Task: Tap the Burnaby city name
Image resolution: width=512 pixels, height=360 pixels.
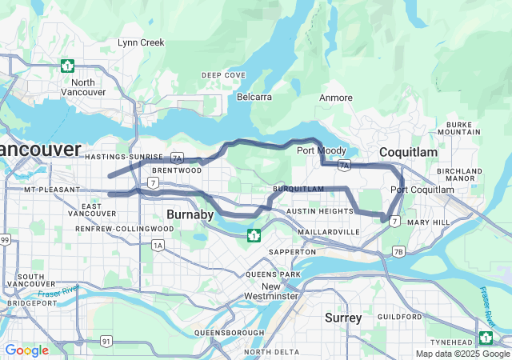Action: coord(190,214)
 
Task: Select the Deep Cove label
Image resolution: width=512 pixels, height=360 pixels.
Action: coord(223,75)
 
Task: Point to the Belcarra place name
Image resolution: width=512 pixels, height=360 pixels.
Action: coord(254,97)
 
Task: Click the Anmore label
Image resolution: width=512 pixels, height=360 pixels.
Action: coord(336,98)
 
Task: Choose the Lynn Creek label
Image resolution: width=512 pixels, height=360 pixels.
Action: coord(141,42)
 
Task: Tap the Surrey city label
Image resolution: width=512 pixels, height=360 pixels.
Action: coord(343,318)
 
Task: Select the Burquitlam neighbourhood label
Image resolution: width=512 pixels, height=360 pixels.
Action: coord(298,189)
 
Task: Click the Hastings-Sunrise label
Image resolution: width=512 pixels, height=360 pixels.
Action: coord(124,157)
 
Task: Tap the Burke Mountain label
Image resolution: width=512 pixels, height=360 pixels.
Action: coord(464,128)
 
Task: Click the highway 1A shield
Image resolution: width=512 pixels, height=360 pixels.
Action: coord(158,245)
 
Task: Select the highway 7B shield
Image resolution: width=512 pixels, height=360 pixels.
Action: coord(398,251)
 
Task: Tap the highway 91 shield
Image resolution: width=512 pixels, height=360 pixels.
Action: coord(106,341)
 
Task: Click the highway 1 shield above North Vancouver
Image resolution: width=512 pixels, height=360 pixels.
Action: coord(69,66)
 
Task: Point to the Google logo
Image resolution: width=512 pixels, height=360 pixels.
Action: coord(26,350)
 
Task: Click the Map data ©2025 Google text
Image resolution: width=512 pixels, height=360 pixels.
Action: coord(462,354)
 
